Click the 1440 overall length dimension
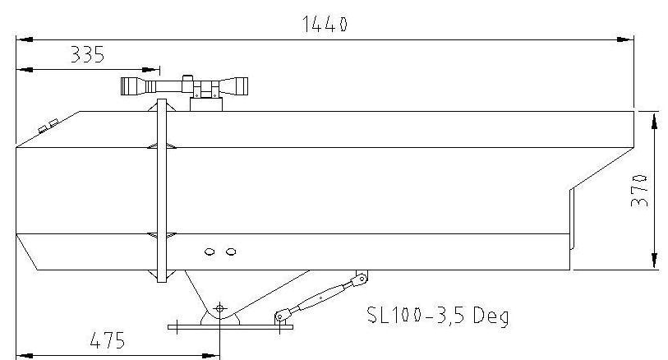[x=325, y=25]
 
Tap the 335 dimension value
[x=87, y=55]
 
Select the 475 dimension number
[x=108, y=340]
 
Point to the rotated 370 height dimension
[x=639, y=190]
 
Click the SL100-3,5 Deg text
[x=438, y=316]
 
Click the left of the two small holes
[x=210, y=252]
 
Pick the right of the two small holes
[x=231, y=252]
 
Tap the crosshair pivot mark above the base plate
[x=219, y=308]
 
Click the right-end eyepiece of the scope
[x=240, y=86]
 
